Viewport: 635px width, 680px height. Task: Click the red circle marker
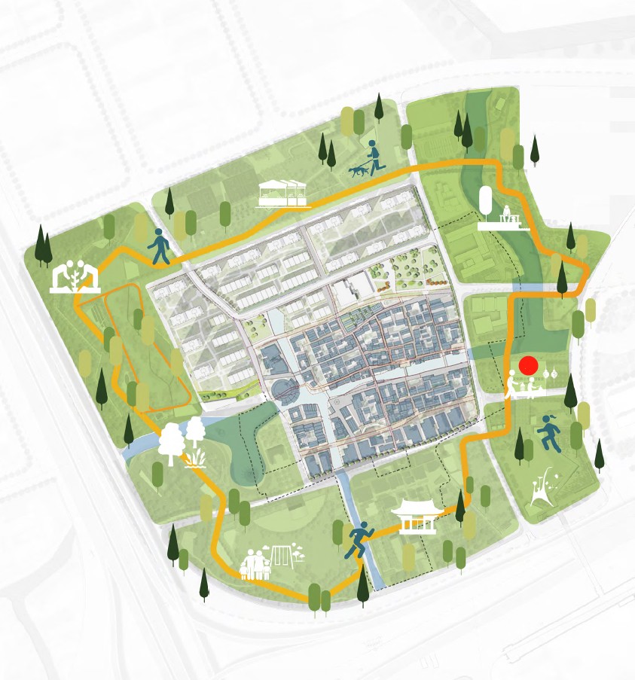click(x=529, y=366)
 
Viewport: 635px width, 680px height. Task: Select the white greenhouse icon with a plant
click(x=75, y=277)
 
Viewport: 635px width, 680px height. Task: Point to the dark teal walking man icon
click(x=160, y=245)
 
